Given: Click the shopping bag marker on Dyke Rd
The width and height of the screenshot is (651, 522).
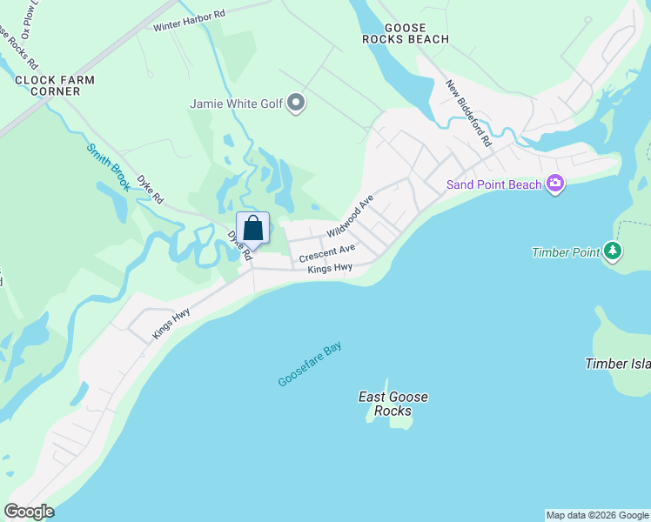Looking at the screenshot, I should click(x=253, y=228).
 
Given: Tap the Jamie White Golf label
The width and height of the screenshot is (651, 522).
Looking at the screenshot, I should click(x=237, y=104).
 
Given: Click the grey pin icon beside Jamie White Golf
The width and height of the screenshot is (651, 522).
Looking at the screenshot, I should click(x=297, y=104).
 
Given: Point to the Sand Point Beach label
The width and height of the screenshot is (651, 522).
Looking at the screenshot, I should click(x=493, y=184).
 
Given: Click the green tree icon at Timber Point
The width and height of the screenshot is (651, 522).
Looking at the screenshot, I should click(x=614, y=252).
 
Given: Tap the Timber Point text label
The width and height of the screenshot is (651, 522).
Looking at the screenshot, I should click(x=566, y=253).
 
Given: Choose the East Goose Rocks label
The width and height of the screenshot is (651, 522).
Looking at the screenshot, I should click(x=393, y=404).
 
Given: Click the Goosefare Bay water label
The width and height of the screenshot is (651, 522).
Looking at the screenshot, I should click(x=310, y=365).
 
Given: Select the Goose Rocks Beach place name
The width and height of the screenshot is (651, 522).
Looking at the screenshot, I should click(x=406, y=33).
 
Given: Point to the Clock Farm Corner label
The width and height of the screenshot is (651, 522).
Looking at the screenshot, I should click(x=54, y=85).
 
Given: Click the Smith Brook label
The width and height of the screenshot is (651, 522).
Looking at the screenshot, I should click(x=109, y=166).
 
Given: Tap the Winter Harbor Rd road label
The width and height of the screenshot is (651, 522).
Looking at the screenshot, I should click(x=189, y=20).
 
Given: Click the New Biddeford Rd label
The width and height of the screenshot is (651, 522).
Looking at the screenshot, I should click(x=469, y=113).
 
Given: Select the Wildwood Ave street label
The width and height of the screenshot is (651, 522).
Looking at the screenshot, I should click(x=350, y=217).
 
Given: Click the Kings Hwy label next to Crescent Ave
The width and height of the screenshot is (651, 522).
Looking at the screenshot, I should click(x=330, y=269).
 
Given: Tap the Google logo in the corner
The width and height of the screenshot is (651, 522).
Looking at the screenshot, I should click(x=29, y=512).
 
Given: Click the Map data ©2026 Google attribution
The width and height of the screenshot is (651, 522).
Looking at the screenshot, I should click(x=597, y=515).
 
